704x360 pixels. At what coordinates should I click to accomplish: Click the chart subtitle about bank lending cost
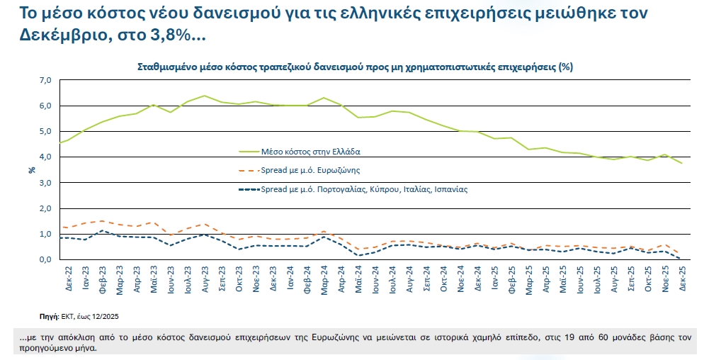click(x=354, y=67)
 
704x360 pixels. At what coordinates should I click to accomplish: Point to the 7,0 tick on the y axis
click(x=45, y=80)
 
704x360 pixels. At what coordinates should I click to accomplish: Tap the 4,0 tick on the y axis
click(x=45, y=157)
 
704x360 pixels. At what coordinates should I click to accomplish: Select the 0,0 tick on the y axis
click(x=45, y=260)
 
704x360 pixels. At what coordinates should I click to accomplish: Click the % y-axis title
click(x=32, y=170)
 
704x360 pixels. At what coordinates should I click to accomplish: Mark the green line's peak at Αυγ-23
click(x=205, y=96)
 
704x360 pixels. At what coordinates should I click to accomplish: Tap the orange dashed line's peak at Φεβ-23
click(x=103, y=220)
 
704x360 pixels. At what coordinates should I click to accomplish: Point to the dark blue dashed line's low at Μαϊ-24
click(x=358, y=256)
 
